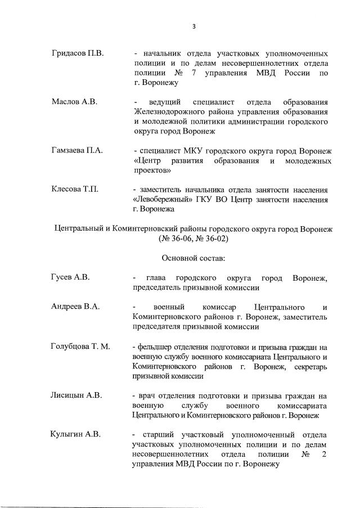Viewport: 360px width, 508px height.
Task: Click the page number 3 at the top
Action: click(x=193, y=26)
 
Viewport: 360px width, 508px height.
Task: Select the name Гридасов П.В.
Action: click(x=75, y=53)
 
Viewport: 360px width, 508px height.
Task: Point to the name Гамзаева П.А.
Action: click(x=75, y=151)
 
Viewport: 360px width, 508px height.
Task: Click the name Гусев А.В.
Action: click(x=70, y=277)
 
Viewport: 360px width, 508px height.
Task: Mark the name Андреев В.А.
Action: click(x=75, y=307)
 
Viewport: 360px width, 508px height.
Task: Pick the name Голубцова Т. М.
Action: click(x=80, y=346)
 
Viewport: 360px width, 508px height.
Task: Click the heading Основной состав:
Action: click(x=193, y=258)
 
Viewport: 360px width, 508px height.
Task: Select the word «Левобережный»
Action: click(x=164, y=199)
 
